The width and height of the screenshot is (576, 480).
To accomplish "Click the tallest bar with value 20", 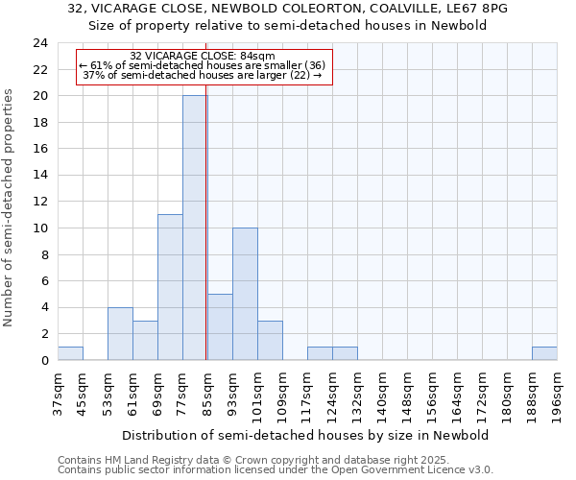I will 195,228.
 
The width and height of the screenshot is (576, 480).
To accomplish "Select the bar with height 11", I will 170,287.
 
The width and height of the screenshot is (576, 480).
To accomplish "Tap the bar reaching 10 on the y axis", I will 245,294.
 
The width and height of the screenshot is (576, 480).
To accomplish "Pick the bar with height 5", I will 220,326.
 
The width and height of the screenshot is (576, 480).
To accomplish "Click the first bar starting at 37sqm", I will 70,353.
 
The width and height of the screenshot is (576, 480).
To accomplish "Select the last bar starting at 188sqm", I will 544,353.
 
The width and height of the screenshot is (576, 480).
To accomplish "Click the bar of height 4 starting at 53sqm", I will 120,333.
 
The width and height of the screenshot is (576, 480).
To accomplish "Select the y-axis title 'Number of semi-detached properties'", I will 11,207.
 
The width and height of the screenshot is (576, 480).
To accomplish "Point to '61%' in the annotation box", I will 102,64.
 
